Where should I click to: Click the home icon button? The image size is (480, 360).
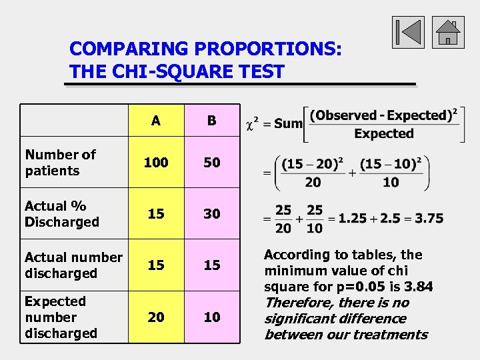point(448,32)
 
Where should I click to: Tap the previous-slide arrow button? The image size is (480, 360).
point(407,32)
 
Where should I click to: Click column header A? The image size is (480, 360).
point(155,121)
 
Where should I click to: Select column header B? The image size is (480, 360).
point(211,121)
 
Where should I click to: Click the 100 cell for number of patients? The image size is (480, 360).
point(155,163)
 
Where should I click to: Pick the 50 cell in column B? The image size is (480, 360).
point(211,163)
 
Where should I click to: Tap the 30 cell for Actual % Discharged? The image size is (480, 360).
point(211,214)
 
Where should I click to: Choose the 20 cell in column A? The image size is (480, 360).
point(155,317)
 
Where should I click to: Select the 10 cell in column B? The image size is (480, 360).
point(211,317)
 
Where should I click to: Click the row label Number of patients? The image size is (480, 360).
point(60,163)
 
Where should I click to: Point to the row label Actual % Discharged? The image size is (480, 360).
point(61,214)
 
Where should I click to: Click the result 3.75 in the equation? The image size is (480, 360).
point(427,218)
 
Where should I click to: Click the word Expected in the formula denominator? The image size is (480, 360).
point(383,133)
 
